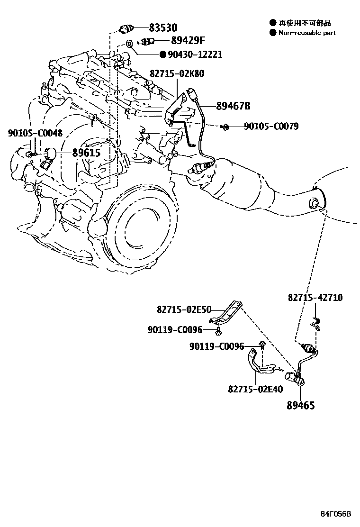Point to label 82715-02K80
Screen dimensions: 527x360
click(x=177, y=74)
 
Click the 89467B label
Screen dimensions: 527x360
click(x=233, y=106)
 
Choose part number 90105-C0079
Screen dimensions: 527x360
click(x=271, y=127)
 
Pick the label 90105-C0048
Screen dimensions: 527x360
click(x=35, y=134)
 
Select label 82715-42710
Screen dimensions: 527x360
click(x=315, y=298)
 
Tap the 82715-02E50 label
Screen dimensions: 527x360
click(x=184, y=309)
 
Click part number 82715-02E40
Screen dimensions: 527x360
click(x=255, y=389)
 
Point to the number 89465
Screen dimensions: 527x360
click(x=300, y=406)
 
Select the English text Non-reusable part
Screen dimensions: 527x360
click(x=307, y=33)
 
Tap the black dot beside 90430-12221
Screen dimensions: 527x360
click(x=162, y=55)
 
